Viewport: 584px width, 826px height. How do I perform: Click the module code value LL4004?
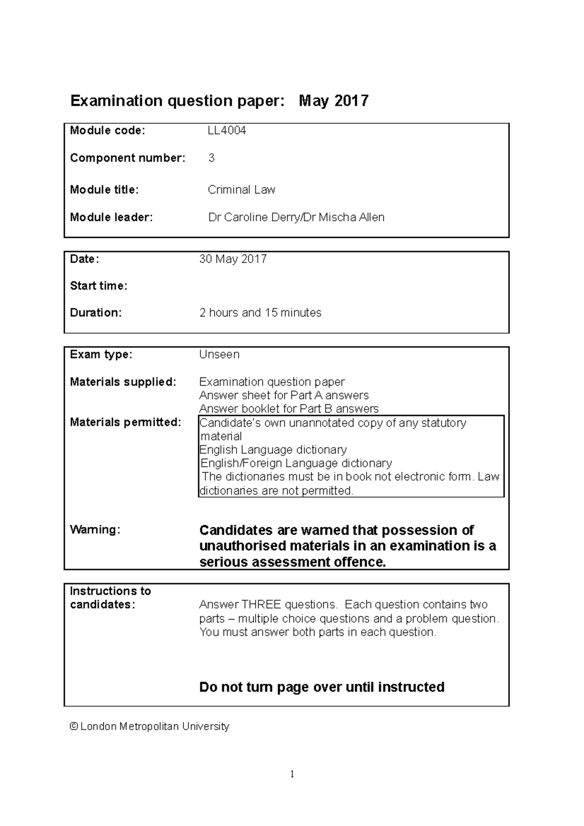[x=227, y=130]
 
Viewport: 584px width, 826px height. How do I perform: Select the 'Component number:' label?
[x=128, y=158]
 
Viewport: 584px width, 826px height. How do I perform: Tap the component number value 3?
[x=211, y=158]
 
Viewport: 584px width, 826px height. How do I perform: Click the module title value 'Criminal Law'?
[x=241, y=190]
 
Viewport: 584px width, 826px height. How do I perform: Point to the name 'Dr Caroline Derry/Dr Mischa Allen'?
[x=296, y=217]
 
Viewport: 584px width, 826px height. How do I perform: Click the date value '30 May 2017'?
[x=233, y=259]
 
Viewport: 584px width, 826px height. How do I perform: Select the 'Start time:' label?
[x=98, y=286]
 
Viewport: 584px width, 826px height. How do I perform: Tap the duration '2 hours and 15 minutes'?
[x=260, y=313]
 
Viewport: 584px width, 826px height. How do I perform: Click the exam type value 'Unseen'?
[x=219, y=355]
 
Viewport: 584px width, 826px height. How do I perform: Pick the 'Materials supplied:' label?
[x=123, y=382]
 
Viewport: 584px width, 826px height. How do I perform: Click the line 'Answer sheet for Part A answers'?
[x=284, y=395]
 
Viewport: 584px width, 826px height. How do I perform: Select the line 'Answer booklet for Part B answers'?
[x=289, y=409]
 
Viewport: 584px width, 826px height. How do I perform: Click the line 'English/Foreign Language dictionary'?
[x=296, y=463]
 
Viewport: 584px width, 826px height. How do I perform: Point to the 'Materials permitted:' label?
[x=125, y=422]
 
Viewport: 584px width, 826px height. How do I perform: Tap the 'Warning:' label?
[x=95, y=530]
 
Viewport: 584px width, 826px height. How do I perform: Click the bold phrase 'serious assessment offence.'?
[x=292, y=562]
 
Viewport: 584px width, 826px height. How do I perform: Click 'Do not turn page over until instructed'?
[x=322, y=687]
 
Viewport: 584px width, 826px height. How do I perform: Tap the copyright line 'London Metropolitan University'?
[x=154, y=727]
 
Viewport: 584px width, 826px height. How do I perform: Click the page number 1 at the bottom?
[x=292, y=774]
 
